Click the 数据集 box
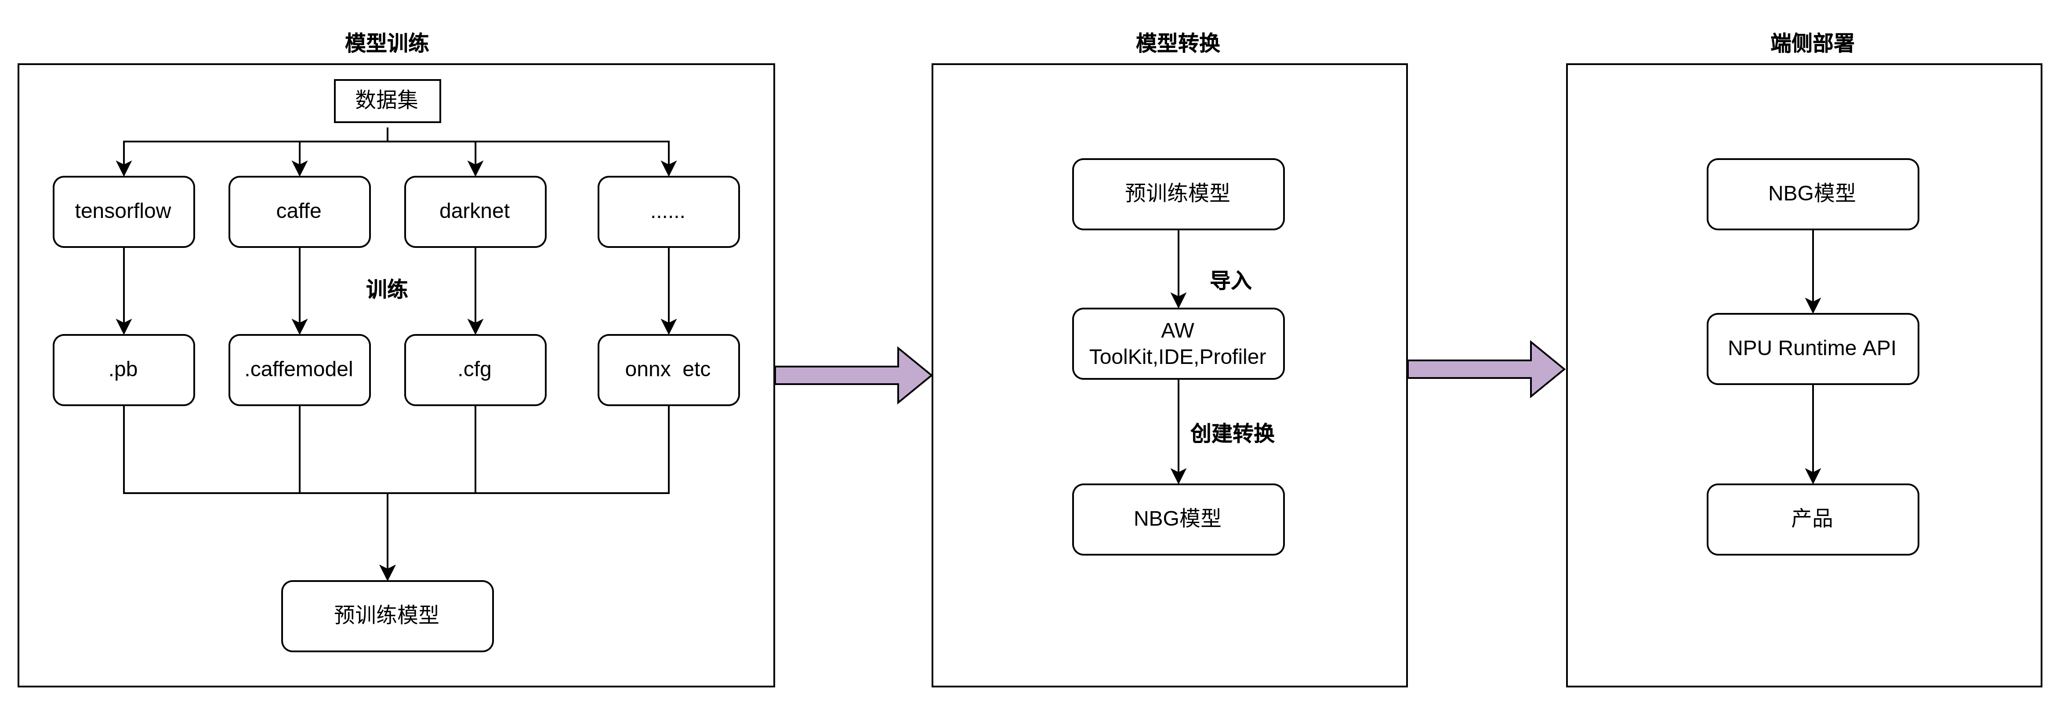pos(387,101)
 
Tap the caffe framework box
pos(299,211)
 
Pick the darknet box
pos(475,211)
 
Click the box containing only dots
pos(668,211)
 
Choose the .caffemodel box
pos(299,370)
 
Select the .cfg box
pos(475,370)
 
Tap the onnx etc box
pos(668,370)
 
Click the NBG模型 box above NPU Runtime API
pos(1812,194)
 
